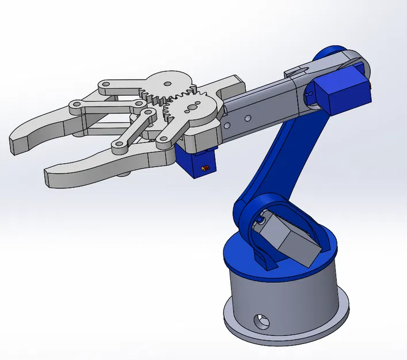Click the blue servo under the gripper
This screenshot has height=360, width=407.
pos(196,162)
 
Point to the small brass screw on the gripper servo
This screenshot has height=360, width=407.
pos(203,168)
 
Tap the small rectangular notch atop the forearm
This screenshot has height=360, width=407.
pos(295,71)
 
